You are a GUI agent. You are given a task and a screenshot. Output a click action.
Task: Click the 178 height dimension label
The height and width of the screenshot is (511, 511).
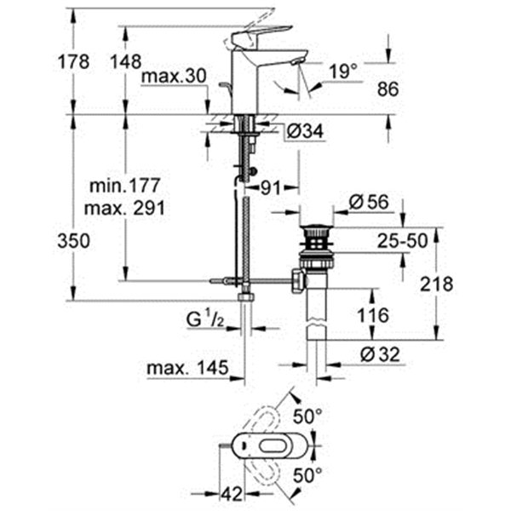click(73, 61)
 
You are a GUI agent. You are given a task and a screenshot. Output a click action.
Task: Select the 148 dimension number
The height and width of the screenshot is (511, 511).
click(126, 61)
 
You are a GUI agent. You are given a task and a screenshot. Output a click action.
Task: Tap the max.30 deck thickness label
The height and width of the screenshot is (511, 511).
click(175, 77)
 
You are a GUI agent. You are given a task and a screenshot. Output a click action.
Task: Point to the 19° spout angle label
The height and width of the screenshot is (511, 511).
click(343, 71)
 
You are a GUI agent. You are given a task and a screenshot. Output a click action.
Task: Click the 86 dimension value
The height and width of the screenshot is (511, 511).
click(388, 89)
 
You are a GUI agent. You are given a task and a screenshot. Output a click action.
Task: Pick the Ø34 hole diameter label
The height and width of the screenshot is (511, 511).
click(306, 132)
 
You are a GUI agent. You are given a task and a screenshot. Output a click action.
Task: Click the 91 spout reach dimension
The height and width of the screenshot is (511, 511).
click(271, 188)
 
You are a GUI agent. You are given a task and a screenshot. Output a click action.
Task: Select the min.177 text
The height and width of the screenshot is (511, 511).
click(125, 186)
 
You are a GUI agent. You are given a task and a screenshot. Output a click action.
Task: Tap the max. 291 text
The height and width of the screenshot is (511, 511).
click(124, 208)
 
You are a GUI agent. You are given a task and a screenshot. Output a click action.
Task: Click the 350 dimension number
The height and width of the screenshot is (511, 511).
click(73, 242)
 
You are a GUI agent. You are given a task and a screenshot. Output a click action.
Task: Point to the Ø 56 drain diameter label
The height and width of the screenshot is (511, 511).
click(369, 202)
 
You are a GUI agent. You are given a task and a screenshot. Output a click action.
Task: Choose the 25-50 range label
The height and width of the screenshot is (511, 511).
click(402, 241)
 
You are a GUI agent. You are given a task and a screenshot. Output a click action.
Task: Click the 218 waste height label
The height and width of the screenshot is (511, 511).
click(436, 284)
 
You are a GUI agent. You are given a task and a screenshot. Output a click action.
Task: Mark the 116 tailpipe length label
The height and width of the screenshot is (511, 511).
click(373, 315)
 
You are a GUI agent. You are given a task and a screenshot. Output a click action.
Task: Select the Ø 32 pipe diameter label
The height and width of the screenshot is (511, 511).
click(381, 354)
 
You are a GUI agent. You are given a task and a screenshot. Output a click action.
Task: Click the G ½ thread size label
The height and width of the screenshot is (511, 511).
click(205, 319)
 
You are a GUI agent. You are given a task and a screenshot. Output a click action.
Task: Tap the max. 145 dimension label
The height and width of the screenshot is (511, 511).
click(187, 368)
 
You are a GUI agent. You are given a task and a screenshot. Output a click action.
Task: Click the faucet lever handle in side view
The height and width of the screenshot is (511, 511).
click(261, 35)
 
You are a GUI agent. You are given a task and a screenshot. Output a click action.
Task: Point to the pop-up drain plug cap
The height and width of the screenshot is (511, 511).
click(317, 227)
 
